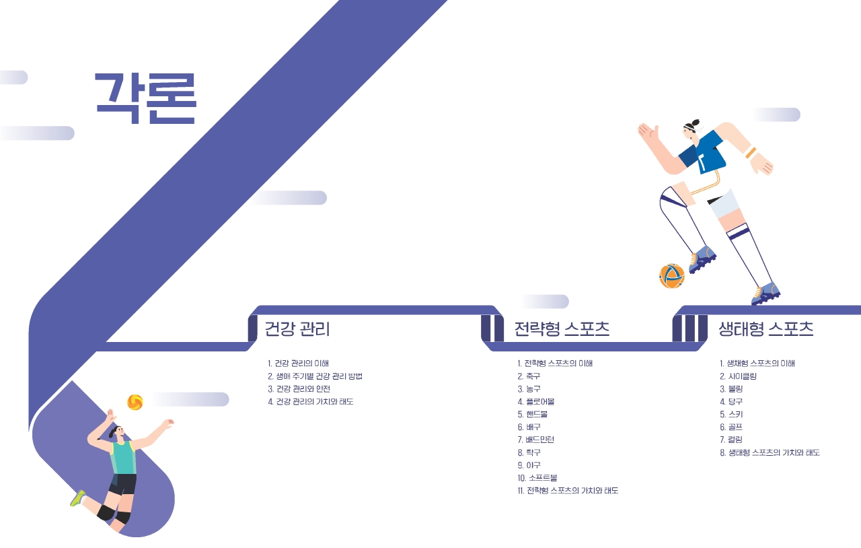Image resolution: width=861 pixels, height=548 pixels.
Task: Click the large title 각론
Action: click(146, 99)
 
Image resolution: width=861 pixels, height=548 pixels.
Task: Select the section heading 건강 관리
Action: click(297, 329)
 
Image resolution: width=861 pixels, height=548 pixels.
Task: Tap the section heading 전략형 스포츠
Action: click(562, 329)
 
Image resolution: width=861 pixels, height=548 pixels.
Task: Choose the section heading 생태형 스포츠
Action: click(766, 329)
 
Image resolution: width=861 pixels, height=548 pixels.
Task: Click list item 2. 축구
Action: click(529, 376)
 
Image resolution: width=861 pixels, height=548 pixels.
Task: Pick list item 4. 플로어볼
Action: click(536, 402)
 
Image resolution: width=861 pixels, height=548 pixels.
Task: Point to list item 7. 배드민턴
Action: click(536, 440)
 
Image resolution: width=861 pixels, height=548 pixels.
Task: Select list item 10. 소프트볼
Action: click(537, 478)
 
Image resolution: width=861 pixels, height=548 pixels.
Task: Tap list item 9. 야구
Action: click(529, 465)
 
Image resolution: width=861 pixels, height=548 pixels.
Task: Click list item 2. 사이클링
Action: click(739, 376)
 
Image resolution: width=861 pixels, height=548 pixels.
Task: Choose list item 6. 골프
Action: click(731, 427)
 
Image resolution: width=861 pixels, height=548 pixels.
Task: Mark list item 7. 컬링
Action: click(731, 440)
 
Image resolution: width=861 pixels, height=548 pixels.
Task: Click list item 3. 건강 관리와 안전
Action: click(299, 389)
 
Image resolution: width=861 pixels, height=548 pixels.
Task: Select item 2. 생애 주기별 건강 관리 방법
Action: click(315, 376)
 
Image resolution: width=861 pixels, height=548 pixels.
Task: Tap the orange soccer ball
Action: click(672, 276)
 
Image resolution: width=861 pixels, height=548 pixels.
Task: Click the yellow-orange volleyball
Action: click(135, 402)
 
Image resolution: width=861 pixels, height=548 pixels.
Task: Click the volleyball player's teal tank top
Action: click(123, 458)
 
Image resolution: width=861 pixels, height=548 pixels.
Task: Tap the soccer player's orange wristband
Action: click(751, 153)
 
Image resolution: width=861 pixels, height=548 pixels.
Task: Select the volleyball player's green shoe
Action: click(78, 498)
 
